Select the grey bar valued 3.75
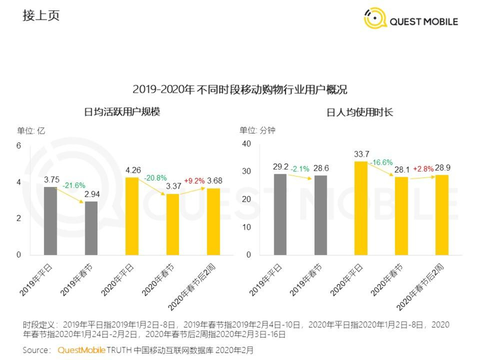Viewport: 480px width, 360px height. pyautogui.click(x=51, y=221)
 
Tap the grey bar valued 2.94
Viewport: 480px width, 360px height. pyautogui.click(x=91, y=228)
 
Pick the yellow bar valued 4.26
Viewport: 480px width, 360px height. pyautogui.click(x=132, y=216)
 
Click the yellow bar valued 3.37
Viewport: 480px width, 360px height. pyautogui.click(x=172, y=224)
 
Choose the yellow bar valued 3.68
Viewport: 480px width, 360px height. pyautogui.click(x=213, y=222)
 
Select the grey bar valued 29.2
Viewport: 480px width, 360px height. pyautogui.click(x=280, y=214)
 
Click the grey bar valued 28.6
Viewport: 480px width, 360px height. pyautogui.click(x=321, y=215)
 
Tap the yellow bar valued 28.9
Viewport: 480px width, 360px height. pyautogui.click(x=442, y=215)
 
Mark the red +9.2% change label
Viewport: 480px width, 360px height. pyautogui.click(x=194, y=180)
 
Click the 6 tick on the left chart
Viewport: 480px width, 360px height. pyautogui.click(x=19, y=146)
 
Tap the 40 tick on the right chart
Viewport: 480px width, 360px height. pyautogui.click(x=247, y=143)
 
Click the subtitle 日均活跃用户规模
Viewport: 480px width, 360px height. pyautogui.click(x=122, y=112)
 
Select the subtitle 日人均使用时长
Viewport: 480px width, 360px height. pyautogui.click(x=360, y=112)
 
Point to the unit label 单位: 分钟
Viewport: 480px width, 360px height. pyautogui.click(x=257, y=130)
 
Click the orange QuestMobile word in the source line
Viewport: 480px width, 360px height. pyautogui.click(x=82, y=350)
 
